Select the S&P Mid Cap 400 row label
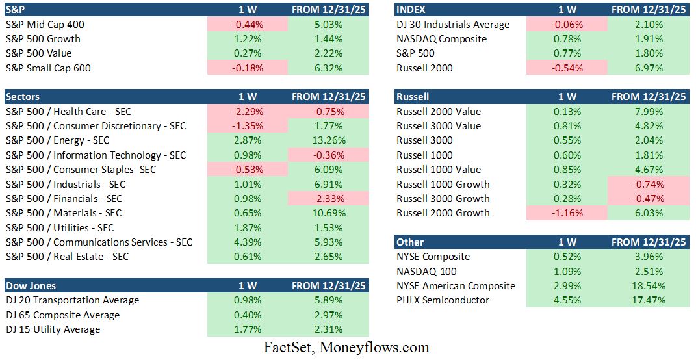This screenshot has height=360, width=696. pyautogui.click(x=45, y=25)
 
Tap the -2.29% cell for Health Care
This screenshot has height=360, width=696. pyautogui.click(x=247, y=111)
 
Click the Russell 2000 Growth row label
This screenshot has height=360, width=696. pyautogui.click(x=443, y=213)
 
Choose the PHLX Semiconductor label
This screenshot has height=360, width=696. pyautogui.click(x=443, y=300)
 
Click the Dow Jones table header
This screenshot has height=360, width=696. pyautogui.click(x=31, y=285)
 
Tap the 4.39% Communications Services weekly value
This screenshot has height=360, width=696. pyautogui.click(x=247, y=242)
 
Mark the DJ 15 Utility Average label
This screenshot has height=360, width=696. pyautogui.click(x=53, y=329)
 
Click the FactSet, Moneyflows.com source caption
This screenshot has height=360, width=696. pyautogui.click(x=346, y=347)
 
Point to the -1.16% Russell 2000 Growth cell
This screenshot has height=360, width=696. pyautogui.click(x=567, y=213)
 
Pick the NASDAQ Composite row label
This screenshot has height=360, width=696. pyautogui.click(x=441, y=39)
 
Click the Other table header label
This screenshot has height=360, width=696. pyautogui.click(x=410, y=242)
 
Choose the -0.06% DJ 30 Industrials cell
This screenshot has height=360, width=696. pyautogui.click(x=567, y=25)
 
